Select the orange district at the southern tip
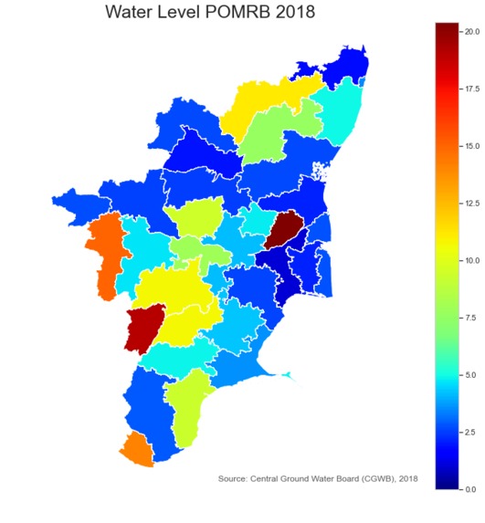(136, 450)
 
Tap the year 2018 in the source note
(407, 478)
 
